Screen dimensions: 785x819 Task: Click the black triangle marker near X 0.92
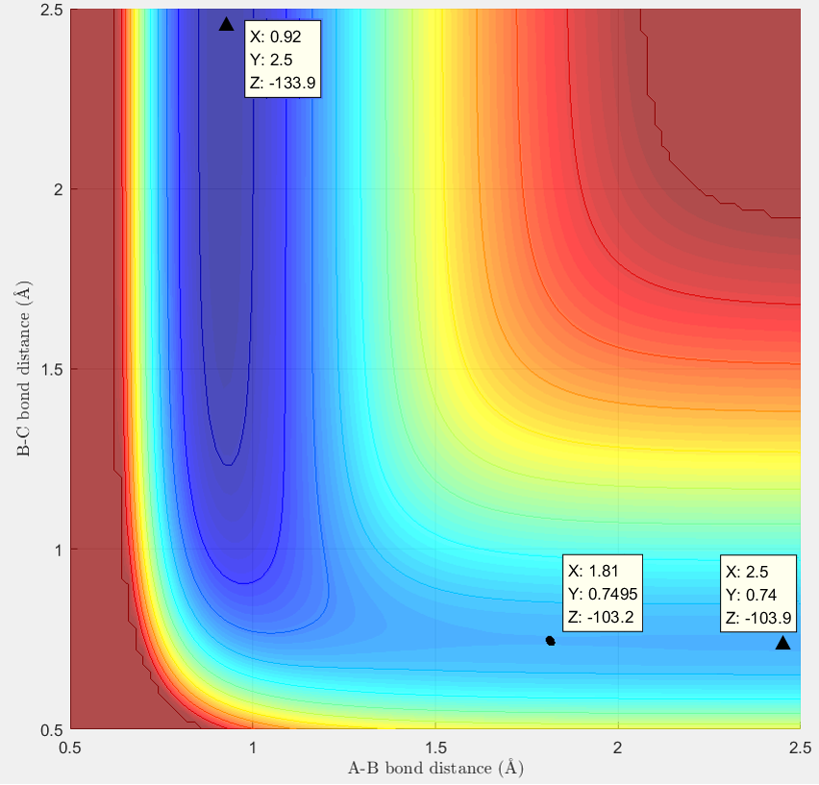click(x=227, y=24)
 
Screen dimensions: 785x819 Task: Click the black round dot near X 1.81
click(x=550, y=640)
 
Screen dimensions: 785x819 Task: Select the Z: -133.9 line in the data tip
click(x=283, y=83)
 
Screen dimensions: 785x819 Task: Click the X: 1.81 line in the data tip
click(x=594, y=569)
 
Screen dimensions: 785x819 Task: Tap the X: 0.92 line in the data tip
click(x=275, y=37)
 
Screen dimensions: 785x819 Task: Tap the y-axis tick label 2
click(x=58, y=189)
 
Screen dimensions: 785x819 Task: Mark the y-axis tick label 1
click(x=58, y=550)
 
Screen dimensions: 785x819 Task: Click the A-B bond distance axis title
click(x=435, y=768)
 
